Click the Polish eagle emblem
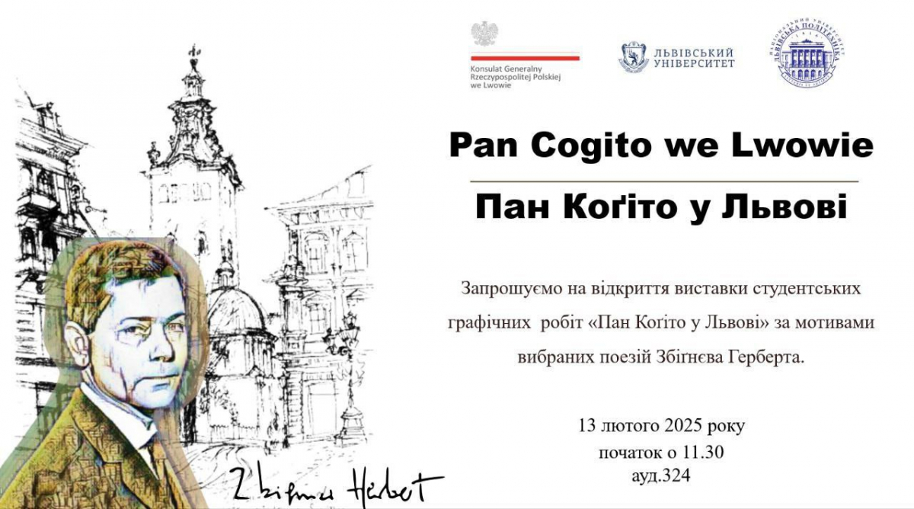pos(484,34)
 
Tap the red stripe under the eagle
pos(525,58)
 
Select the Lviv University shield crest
pos(633,56)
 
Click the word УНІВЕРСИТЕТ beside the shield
pos(694,63)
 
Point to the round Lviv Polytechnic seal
pos(809,53)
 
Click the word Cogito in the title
pos(590,146)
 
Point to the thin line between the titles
pos(664,181)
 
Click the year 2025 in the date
pos(683,426)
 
